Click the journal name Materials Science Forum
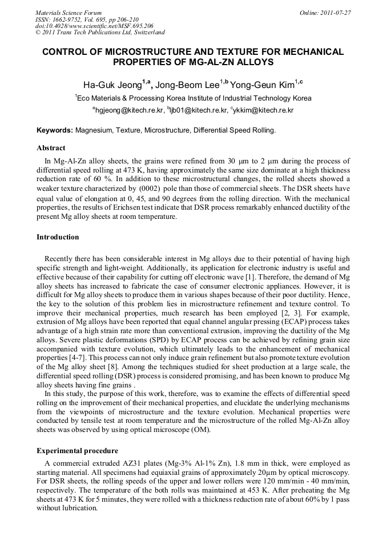tap(68, 13)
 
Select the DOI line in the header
tap(94, 26)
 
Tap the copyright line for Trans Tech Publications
tap(100, 33)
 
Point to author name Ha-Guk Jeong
tap(112, 85)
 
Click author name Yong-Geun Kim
tap(262, 85)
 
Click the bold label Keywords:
tap(55, 130)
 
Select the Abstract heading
tap(51, 148)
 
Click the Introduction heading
tap(58, 237)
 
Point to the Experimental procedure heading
tap(77, 451)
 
